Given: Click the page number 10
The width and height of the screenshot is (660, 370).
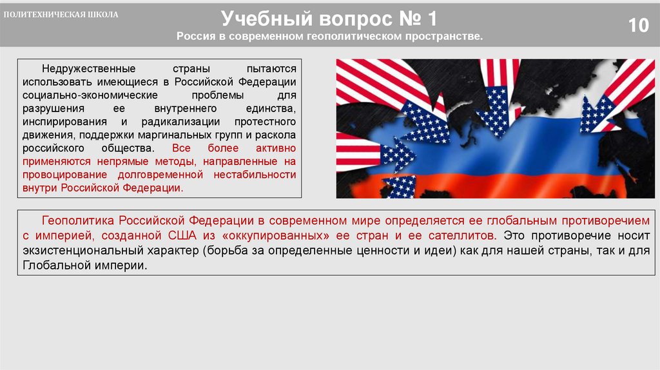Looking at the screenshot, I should [x=638, y=26].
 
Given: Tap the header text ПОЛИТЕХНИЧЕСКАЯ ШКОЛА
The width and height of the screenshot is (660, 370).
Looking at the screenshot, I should [x=62, y=15].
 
